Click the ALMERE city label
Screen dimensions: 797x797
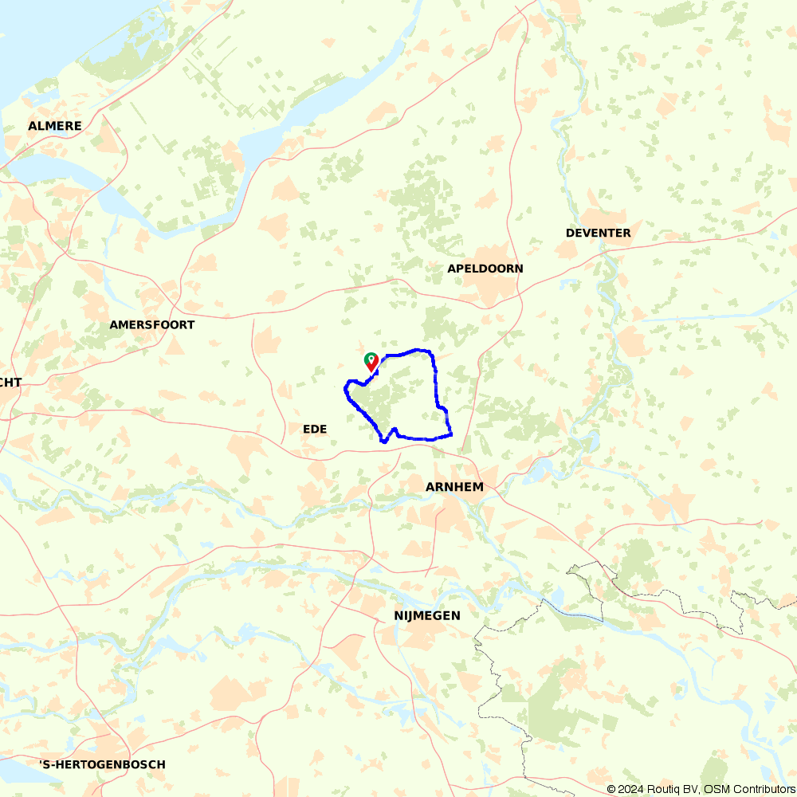[x=55, y=126]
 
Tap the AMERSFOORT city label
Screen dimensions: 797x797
[x=151, y=325]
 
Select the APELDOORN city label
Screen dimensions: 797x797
[x=485, y=269]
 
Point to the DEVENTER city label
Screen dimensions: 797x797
[x=598, y=233]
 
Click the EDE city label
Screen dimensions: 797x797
[x=315, y=429]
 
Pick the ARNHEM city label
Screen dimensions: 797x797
[x=454, y=486]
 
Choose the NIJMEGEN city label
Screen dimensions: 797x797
[x=426, y=615]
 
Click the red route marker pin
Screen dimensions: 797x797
[x=372, y=363]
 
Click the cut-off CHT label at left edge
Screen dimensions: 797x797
[x=10, y=382]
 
